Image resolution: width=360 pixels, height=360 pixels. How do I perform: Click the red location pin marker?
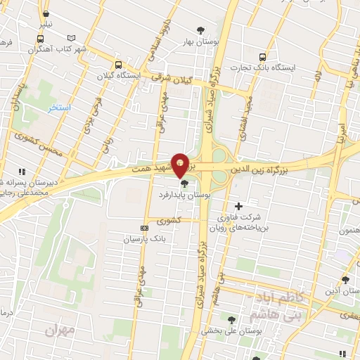click(181, 165)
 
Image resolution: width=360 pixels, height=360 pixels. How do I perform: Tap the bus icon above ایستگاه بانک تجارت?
click(263, 57)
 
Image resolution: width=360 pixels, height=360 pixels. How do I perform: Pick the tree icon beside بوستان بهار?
click(200, 30)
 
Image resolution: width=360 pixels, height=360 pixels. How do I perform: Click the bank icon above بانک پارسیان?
click(145, 228)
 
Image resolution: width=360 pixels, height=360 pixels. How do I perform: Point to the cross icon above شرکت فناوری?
click(238, 206)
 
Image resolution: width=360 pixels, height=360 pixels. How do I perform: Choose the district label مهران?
click(59, 328)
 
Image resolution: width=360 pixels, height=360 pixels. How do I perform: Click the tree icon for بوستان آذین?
click(345, 279)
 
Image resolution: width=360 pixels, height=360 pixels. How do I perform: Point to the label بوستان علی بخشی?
click(223, 330)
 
